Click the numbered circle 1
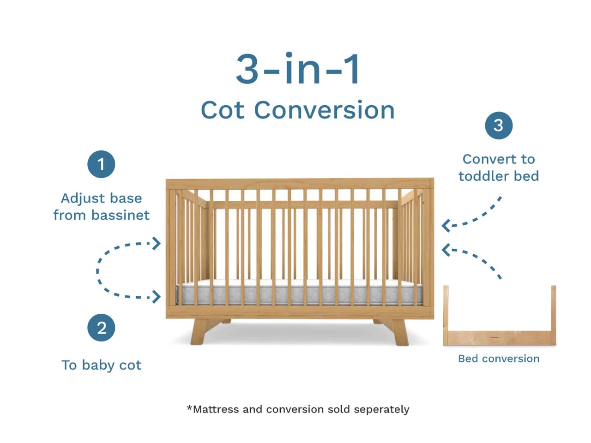(101, 164)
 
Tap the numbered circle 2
(101, 328)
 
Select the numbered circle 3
(499, 126)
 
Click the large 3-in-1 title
(297, 68)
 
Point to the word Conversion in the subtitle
(324, 110)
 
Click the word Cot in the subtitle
(223, 110)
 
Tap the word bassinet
(121, 215)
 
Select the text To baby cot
(101, 365)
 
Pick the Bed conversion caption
(499, 359)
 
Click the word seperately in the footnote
(381, 409)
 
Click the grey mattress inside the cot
(299, 293)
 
